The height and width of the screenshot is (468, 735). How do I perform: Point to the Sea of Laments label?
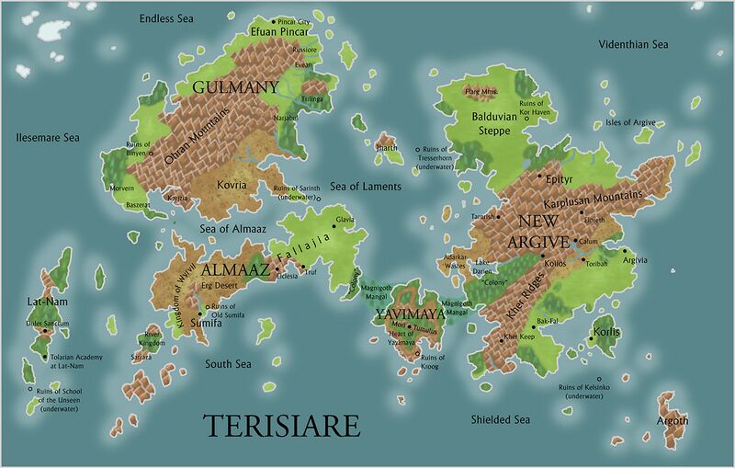click(x=366, y=187)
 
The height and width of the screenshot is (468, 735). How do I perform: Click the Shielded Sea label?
click(x=501, y=419)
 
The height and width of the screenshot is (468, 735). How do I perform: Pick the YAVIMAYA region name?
click(x=410, y=314)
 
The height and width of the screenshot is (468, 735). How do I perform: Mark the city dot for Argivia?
click(x=624, y=251)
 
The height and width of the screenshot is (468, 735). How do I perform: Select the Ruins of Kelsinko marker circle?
click(x=599, y=378)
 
